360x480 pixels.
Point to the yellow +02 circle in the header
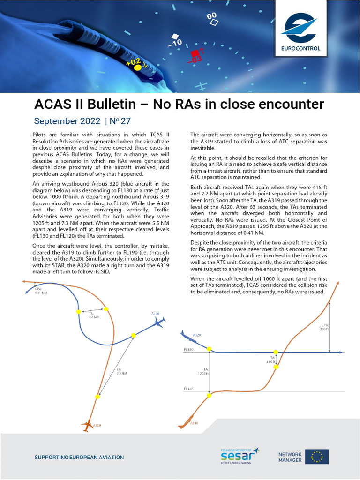coord(137,67)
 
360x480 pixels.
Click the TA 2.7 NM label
coord(94,315)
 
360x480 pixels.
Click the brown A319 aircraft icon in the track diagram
coord(87,426)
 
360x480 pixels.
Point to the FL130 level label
coord(188,350)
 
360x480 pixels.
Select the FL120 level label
coord(188,389)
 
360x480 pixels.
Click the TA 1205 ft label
coord(202,372)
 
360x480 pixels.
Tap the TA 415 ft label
coord(271,360)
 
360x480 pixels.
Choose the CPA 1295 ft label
coord(324,327)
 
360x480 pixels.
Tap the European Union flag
coord(317,457)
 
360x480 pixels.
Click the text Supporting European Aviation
coord(79,457)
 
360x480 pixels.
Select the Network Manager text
coord(290,457)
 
